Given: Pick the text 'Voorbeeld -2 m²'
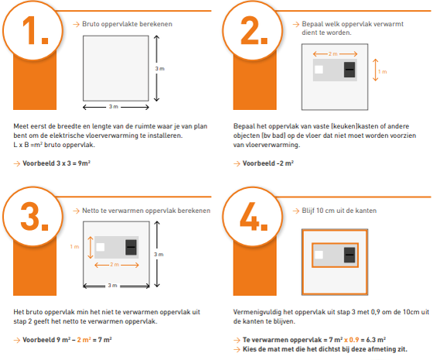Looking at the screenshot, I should point(268,163).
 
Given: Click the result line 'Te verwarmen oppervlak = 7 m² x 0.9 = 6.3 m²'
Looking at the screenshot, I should point(312,339).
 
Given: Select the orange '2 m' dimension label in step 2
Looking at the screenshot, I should point(333,53).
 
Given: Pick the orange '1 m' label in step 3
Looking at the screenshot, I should point(74,246).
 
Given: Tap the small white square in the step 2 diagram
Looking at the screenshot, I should point(318,70).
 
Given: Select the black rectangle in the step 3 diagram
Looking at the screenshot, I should point(130,247).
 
